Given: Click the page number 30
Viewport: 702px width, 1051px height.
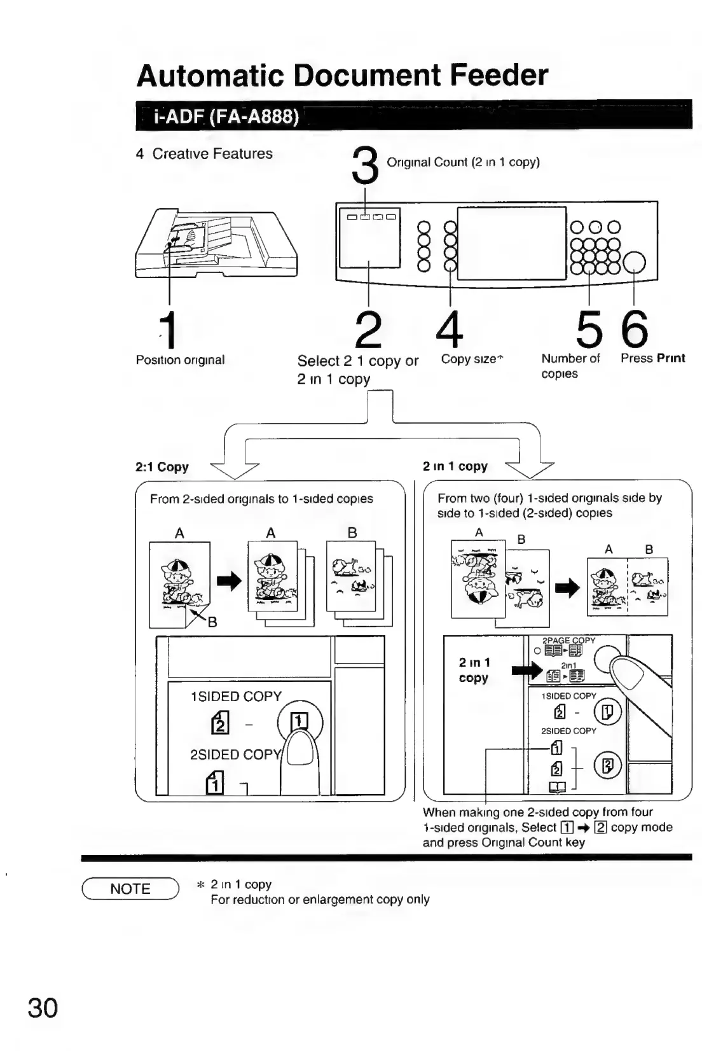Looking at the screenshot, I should coord(42,1008).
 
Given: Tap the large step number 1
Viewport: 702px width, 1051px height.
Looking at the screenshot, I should coord(169,329).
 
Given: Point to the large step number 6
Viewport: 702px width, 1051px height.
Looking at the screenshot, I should coord(635,329).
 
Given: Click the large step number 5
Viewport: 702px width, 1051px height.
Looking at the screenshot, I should coord(589,329).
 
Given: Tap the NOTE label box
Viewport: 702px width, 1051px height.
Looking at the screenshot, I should coord(130,889).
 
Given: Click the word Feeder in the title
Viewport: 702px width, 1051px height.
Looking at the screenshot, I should coord(499,75).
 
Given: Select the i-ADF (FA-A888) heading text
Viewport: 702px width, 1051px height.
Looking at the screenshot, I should coord(226,116).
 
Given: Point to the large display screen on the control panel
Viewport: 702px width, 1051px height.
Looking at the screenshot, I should coord(511,243).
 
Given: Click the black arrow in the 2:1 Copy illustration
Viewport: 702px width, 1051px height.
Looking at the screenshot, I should coord(229,580).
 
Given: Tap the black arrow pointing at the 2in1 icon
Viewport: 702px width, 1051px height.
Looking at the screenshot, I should coord(527,671).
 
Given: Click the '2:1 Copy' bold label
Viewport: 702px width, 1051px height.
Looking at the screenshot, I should coord(162,467).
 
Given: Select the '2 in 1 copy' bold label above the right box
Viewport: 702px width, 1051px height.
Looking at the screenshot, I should coord(455,466).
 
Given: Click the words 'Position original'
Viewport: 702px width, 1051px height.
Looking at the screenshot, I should coord(180,360).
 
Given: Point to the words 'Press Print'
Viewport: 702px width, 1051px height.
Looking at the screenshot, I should coord(652,358).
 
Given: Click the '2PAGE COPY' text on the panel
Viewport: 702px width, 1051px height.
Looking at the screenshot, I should coord(568,640).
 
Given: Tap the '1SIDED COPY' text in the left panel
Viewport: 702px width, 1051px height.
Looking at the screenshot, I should coord(236,697).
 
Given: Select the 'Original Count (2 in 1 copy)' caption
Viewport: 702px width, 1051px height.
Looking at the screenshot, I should coord(463,162).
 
